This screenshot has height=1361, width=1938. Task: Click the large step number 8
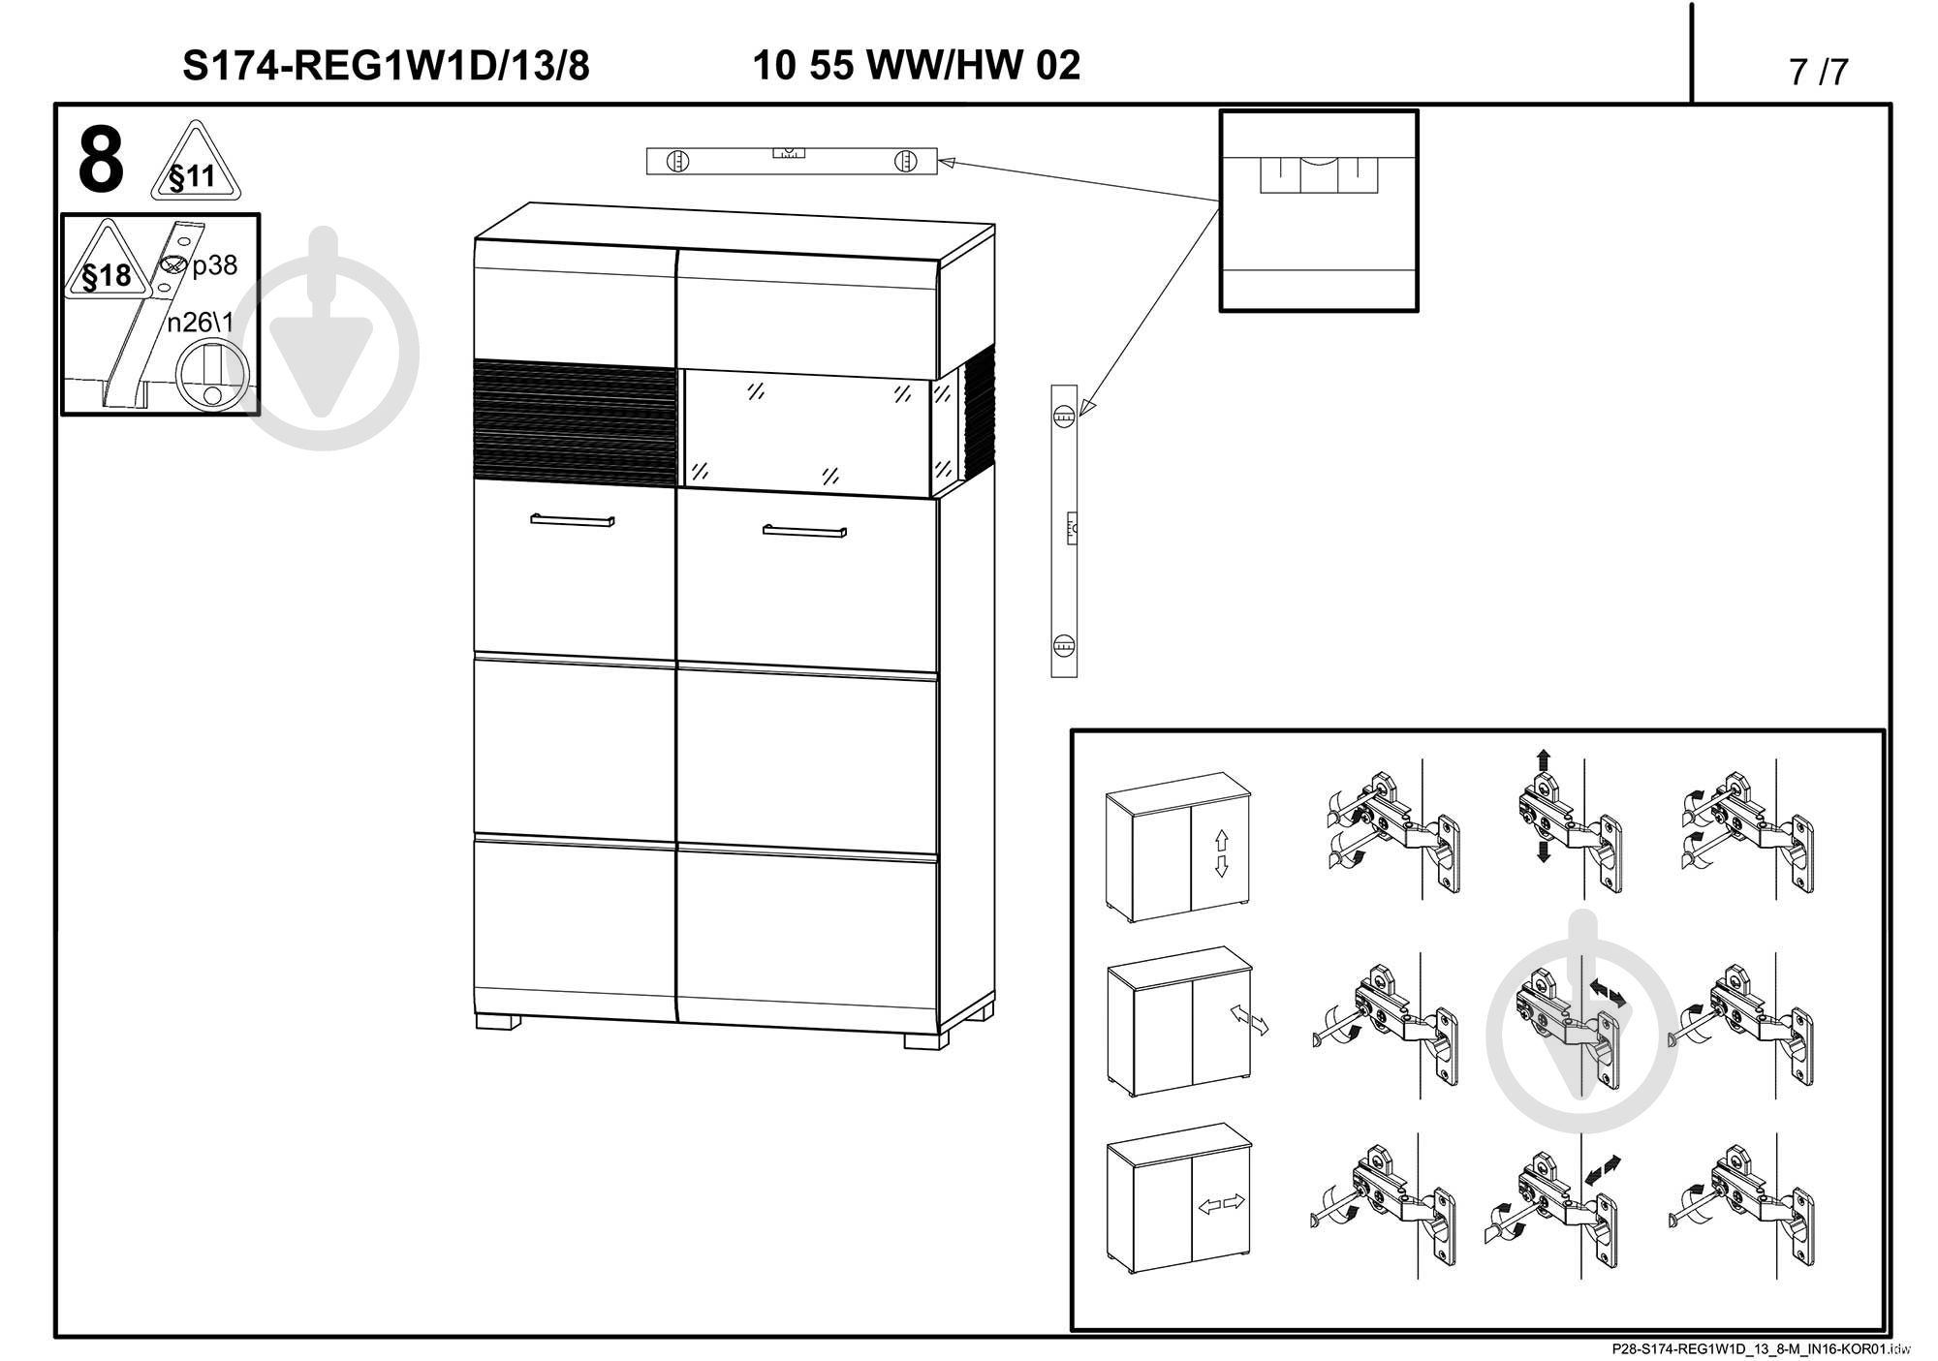pyautogui.click(x=101, y=161)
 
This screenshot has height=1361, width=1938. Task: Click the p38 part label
pyautogui.click(x=214, y=265)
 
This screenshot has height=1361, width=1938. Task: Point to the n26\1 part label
pyautogui.click(x=200, y=323)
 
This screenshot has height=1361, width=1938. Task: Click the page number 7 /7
pyautogui.click(x=1819, y=72)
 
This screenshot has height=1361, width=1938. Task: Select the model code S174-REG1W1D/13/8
pyautogui.click(x=386, y=66)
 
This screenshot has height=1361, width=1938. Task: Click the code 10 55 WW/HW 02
pyautogui.click(x=916, y=65)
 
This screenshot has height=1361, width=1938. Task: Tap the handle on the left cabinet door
pyautogui.click(x=572, y=520)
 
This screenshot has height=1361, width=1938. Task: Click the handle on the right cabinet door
pyautogui.click(x=804, y=531)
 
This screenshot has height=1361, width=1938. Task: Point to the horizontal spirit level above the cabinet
pyautogui.click(x=792, y=161)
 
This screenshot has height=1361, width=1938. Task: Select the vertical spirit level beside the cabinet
pyautogui.click(x=1064, y=531)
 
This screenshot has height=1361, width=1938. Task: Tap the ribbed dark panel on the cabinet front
pyautogui.click(x=575, y=421)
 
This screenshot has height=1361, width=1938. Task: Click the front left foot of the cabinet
pyautogui.click(x=497, y=1021)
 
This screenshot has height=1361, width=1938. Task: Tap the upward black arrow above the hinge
pyautogui.click(x=1543, y=760)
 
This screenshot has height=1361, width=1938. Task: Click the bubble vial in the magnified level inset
pyautogui.click(x=1318, y=174)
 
